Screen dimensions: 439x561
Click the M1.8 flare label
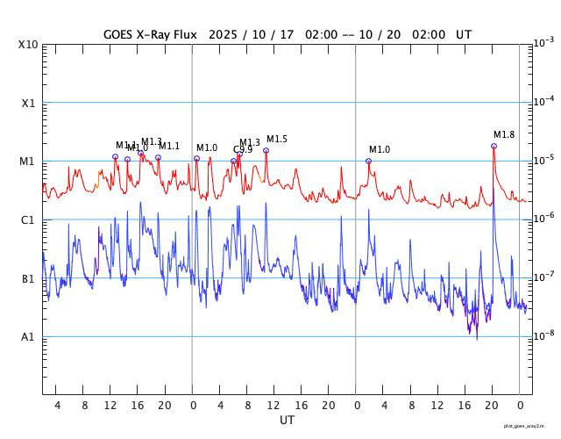pyautogui.click(x=504, y=134)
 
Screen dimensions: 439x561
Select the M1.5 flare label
pyautogui.click(x=277, y=139)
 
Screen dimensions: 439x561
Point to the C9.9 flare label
pyautogui.click(x=242, y=149)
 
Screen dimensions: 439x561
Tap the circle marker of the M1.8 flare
pyautogui.click(x=494, y=146)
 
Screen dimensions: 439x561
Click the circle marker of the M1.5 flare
pyautogui.click(x=266, y=150)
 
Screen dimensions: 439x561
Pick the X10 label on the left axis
pyautogui.click(x=28, y=44)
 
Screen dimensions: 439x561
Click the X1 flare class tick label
pyautogui.click(x=28, y=103)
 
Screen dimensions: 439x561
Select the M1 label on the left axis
pyautogui.click(x=28, y=162)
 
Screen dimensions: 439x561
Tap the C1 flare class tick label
pyautogui.click(x=28, y=219)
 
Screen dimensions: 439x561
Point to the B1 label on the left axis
pyautogui.click(x=28, y=278)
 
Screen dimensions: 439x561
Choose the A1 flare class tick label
pyautogui.click(x=28, y=336)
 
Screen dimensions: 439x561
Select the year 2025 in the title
pyautogui.click(x=225, y=35)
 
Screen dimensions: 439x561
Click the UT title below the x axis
pyautogui.click(x=287, y=420)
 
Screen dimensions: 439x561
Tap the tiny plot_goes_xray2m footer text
pyautogui.click(x=529, y=426)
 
